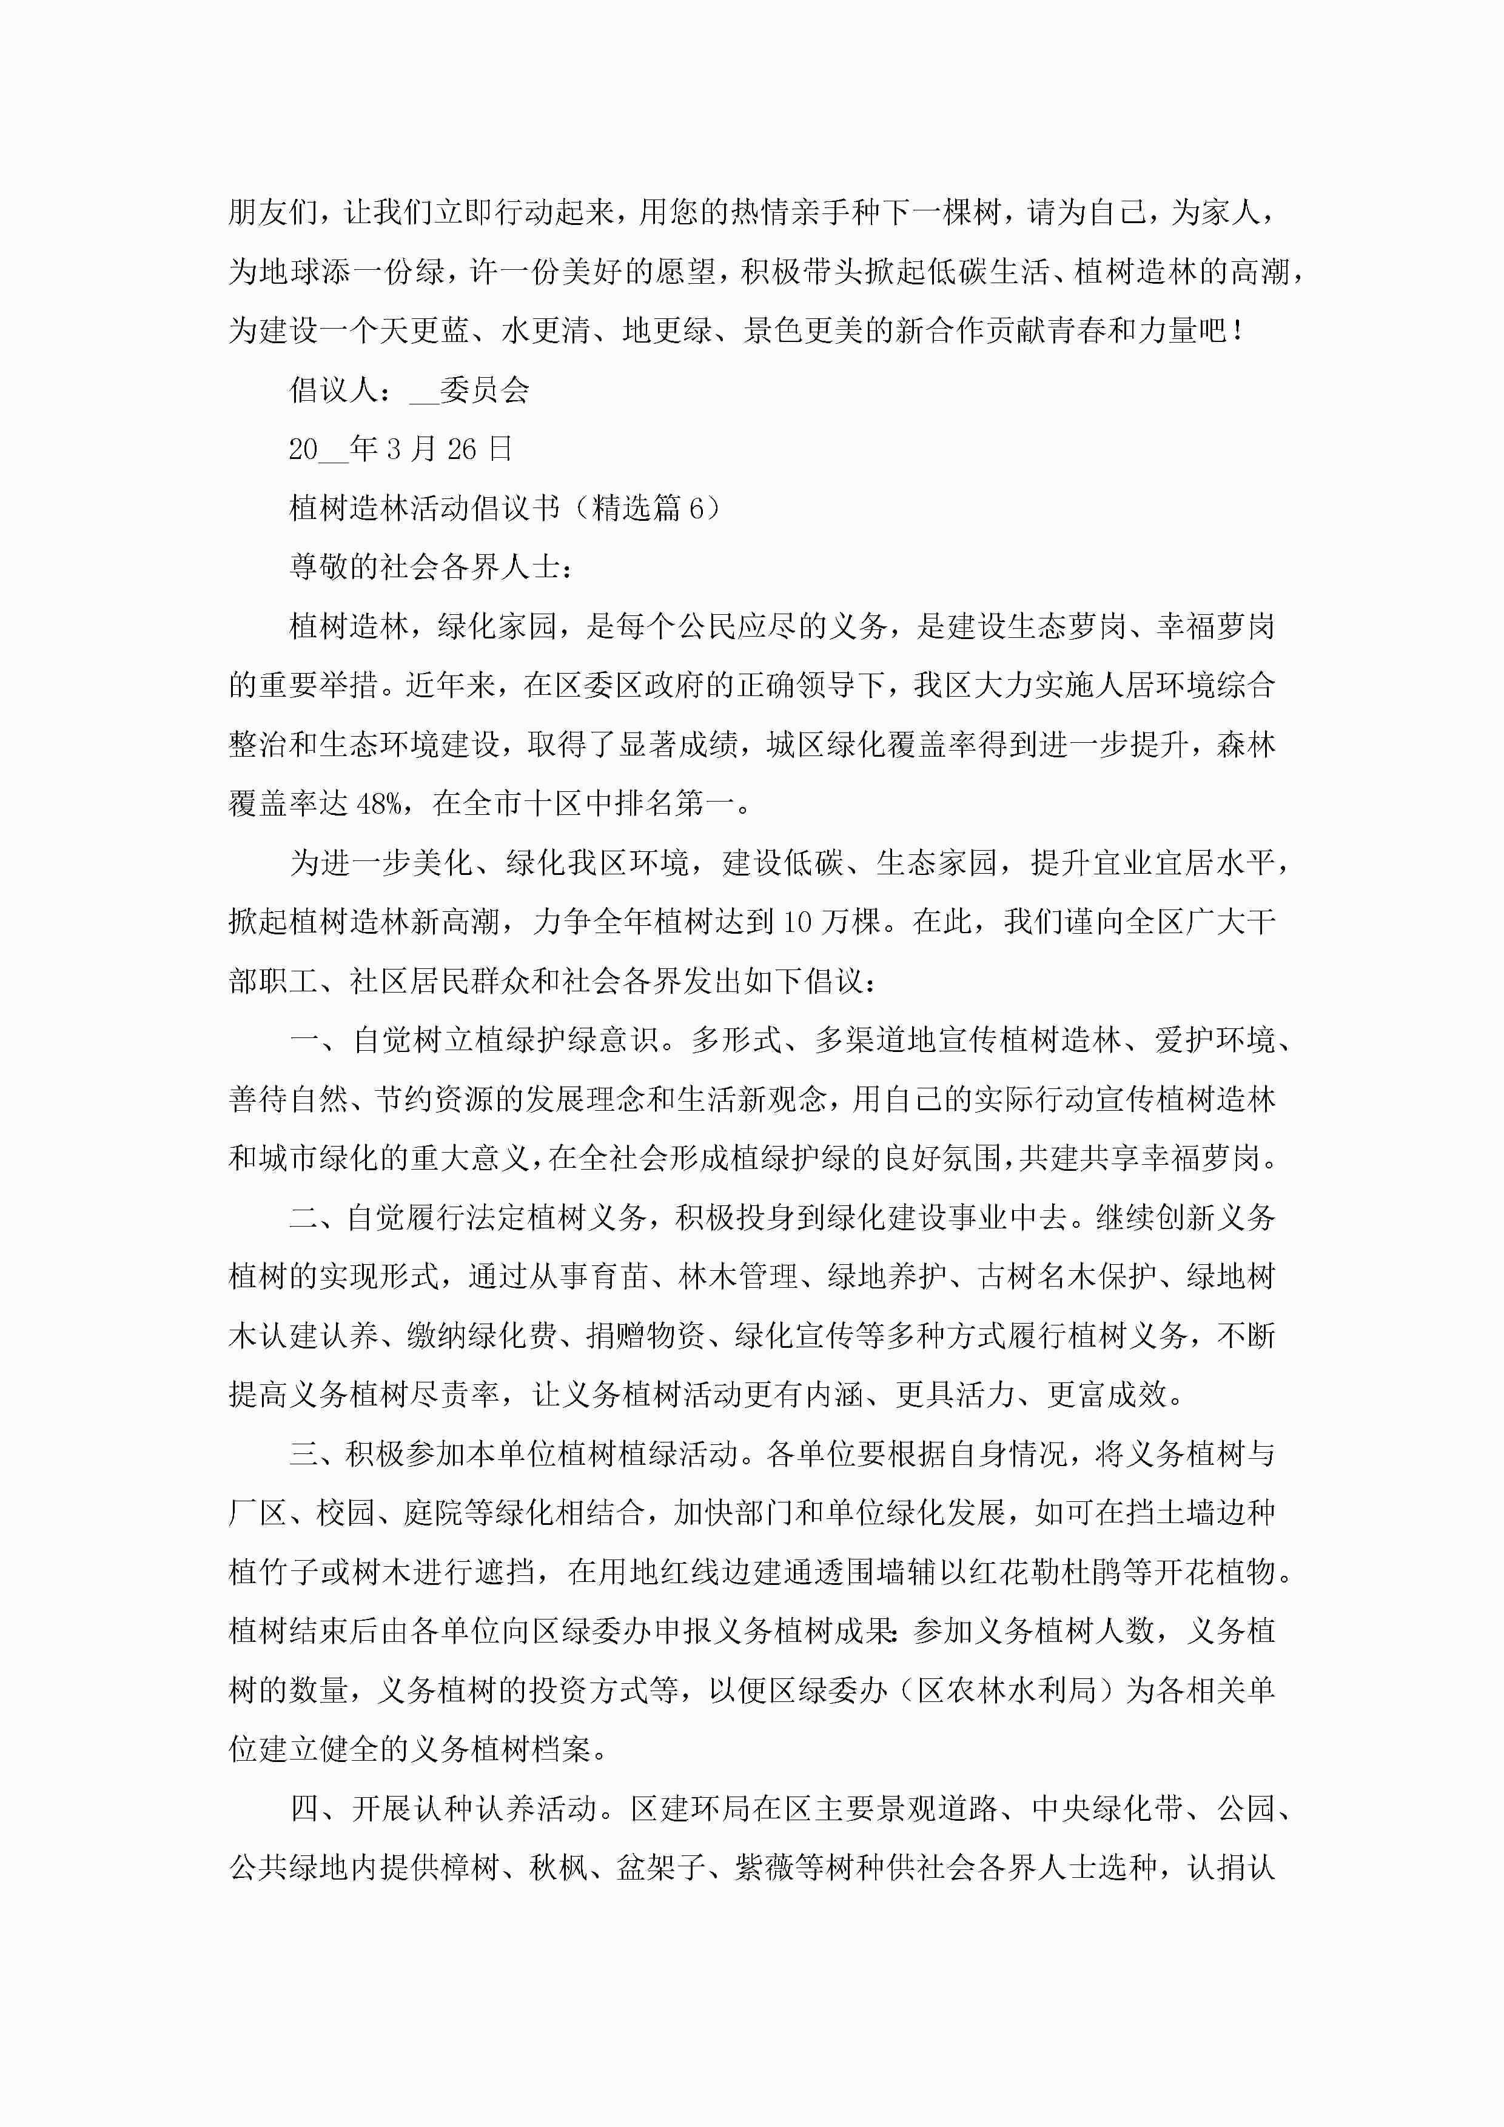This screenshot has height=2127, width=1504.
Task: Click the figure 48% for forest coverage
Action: coord(378,803)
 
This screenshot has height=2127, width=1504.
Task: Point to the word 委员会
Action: coord(484,390)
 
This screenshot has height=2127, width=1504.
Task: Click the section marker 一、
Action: coord(319,1040)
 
